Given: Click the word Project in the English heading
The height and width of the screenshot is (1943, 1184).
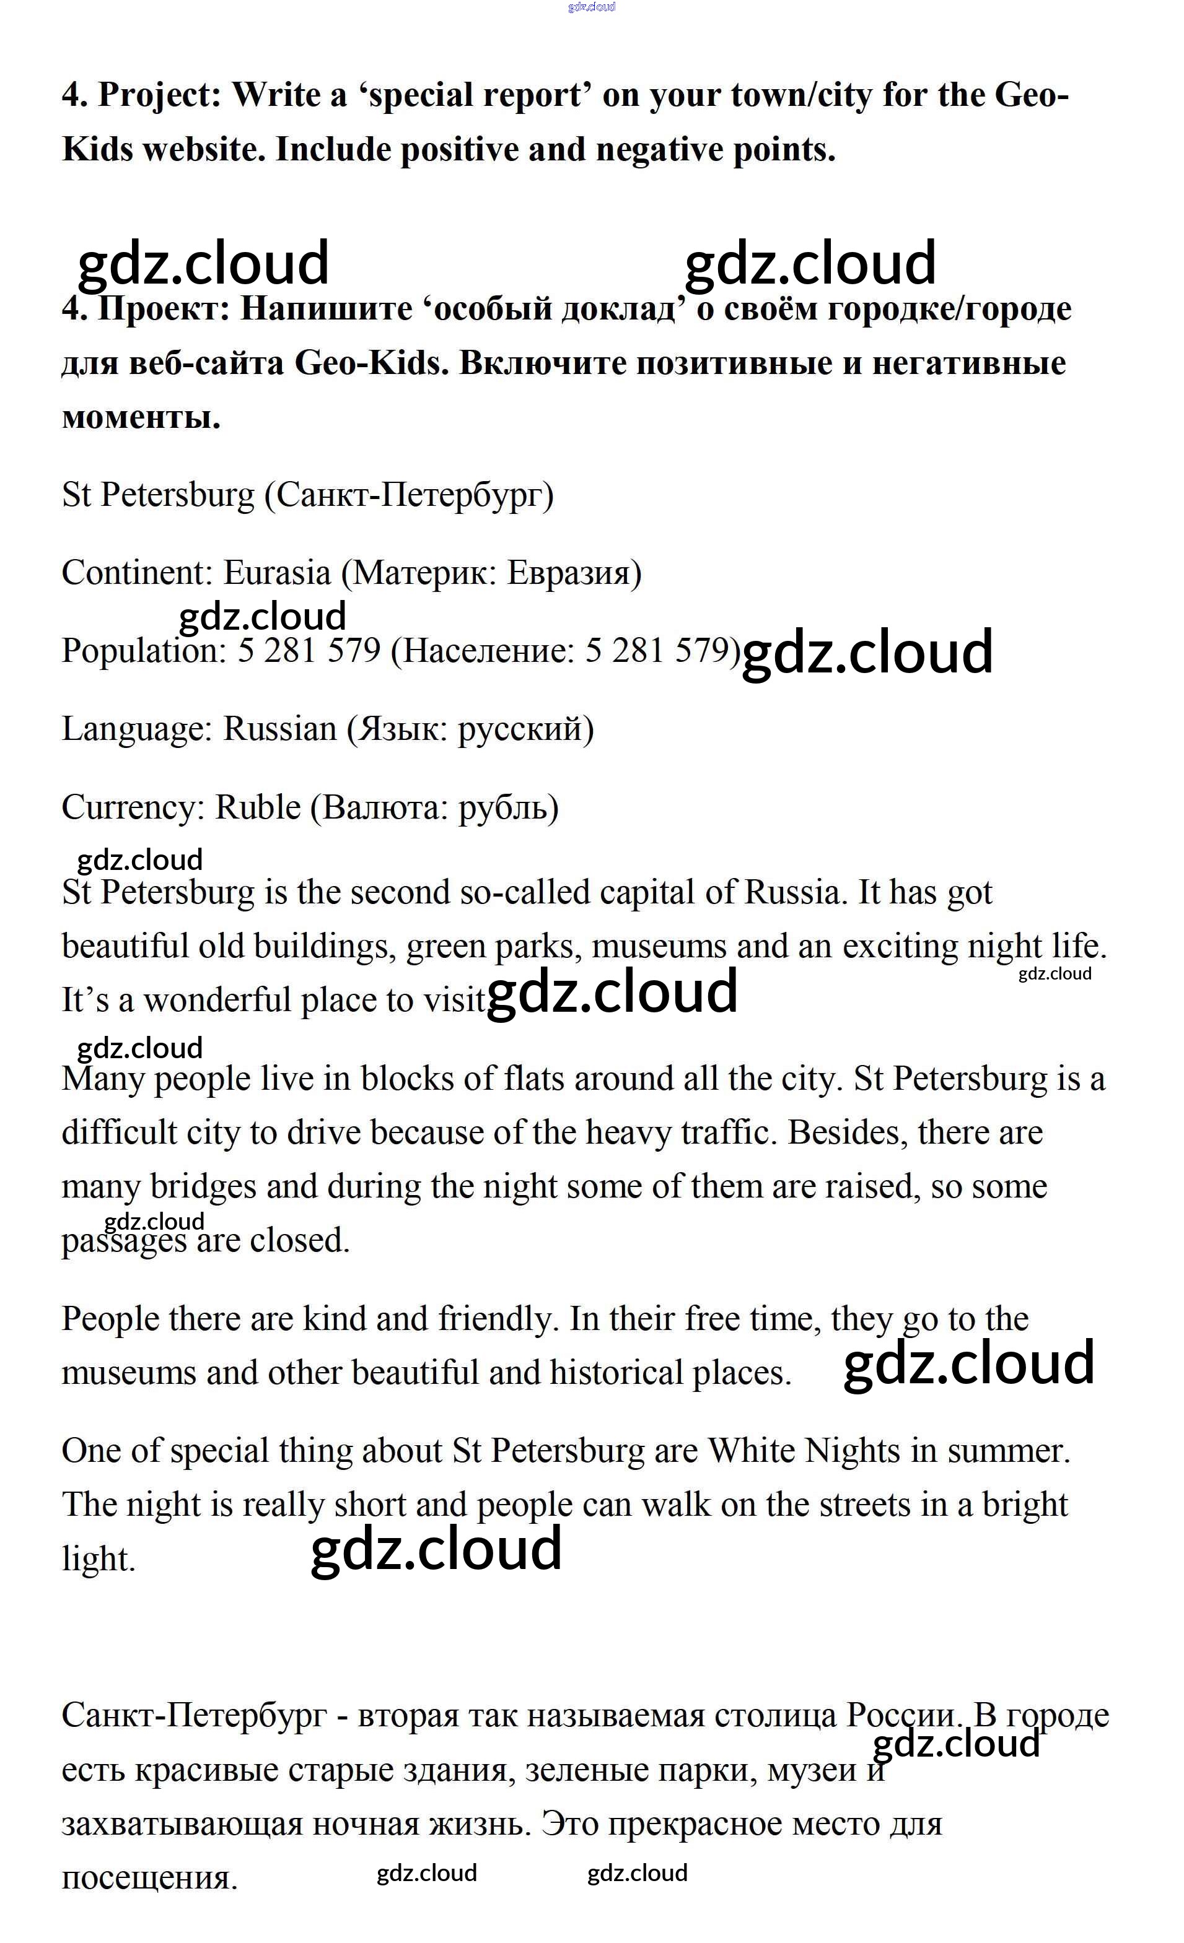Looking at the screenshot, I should tap(160, 95).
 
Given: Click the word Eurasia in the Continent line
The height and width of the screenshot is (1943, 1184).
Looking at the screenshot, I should tap(277, 573).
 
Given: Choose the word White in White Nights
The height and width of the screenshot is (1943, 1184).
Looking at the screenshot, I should tap(751, 1451).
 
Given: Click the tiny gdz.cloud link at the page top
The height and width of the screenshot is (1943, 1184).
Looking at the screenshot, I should tap(591, 7).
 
